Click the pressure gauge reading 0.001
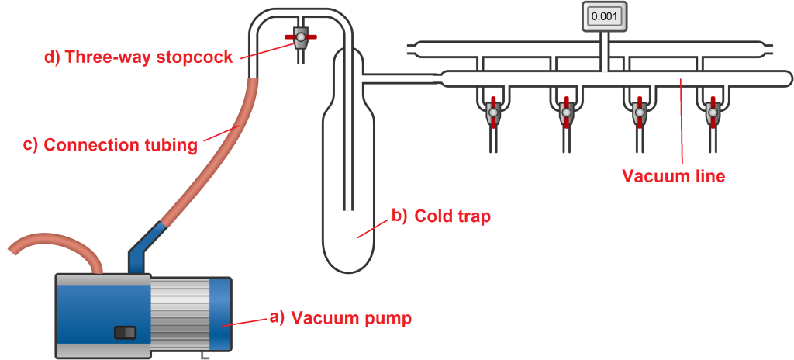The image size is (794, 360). click(x=603, y=16)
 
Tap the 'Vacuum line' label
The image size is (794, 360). click(x=674, y=176)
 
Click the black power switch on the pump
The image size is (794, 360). click(x=125, y=332)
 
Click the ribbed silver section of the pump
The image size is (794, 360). click(x=179, y=317)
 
